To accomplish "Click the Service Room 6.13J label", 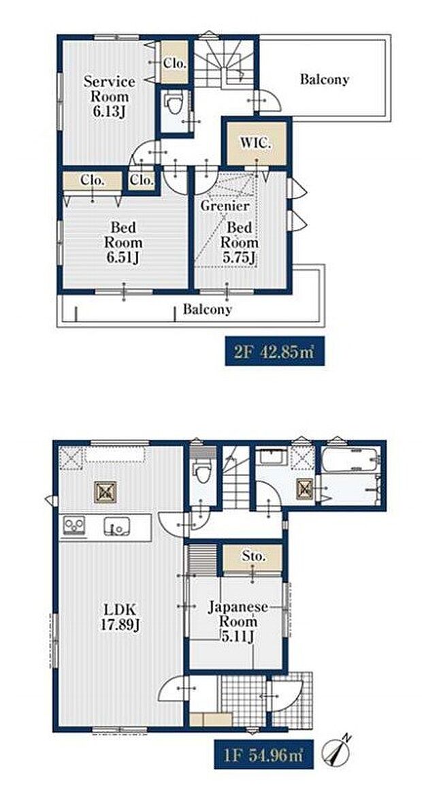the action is pos(109,96).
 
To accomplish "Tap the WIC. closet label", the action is pos(255,142).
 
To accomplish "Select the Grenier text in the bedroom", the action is pos(224,206).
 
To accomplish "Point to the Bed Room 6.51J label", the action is pos(123,243).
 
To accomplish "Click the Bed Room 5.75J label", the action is pos(240,243).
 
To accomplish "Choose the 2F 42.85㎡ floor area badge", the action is pos(274,351).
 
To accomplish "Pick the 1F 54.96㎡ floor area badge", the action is pos(264,754).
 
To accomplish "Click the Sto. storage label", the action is pos(255,556).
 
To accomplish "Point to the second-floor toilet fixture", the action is pos(174,105).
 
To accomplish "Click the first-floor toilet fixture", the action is pos(203,470).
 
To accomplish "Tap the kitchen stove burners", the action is pos(74,526).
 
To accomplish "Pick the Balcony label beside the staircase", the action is pos(325,79).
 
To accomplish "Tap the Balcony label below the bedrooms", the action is pos(207,309).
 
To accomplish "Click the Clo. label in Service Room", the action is pos(175,63).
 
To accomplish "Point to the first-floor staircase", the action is pos(236,477).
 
